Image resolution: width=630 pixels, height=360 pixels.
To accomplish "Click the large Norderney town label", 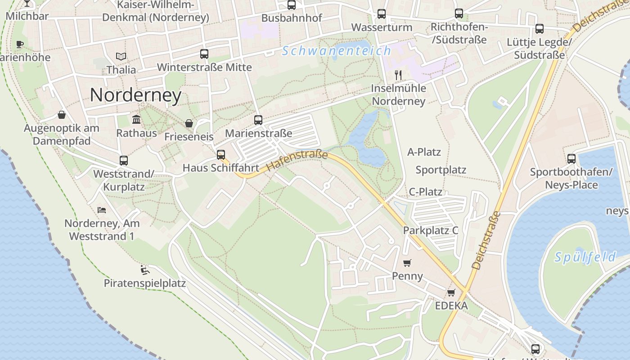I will (135, 95).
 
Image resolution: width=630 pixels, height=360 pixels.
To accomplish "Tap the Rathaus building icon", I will (136, 120).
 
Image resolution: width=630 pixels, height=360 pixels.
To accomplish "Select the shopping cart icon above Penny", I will (407, 263).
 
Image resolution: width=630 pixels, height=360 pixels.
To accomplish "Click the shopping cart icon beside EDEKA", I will (451, 293).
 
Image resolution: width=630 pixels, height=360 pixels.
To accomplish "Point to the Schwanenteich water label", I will (337, 51).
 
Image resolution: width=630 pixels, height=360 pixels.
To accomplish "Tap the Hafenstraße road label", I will (297, 160).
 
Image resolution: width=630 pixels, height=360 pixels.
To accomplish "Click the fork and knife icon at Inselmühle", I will (398, 75).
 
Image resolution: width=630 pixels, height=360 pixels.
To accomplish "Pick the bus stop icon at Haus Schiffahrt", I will (220, 155).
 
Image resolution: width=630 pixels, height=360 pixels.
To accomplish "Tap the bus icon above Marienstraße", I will (258, 120).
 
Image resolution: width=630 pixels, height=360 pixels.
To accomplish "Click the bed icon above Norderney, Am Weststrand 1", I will (102, 210).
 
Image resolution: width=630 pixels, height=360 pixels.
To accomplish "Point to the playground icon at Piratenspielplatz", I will (144, 270).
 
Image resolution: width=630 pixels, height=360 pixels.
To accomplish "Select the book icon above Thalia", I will (121, 57).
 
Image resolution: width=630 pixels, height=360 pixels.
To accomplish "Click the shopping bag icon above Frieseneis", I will (189, 123).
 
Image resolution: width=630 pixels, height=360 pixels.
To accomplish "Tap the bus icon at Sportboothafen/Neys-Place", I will (571, 159).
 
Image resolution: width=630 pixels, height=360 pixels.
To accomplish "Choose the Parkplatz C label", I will (430, 230).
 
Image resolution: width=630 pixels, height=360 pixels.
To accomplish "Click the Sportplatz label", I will (441, 170).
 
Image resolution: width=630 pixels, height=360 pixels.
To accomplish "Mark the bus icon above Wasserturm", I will (382, 14).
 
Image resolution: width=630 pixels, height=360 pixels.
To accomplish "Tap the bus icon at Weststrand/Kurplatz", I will (124, 161).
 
